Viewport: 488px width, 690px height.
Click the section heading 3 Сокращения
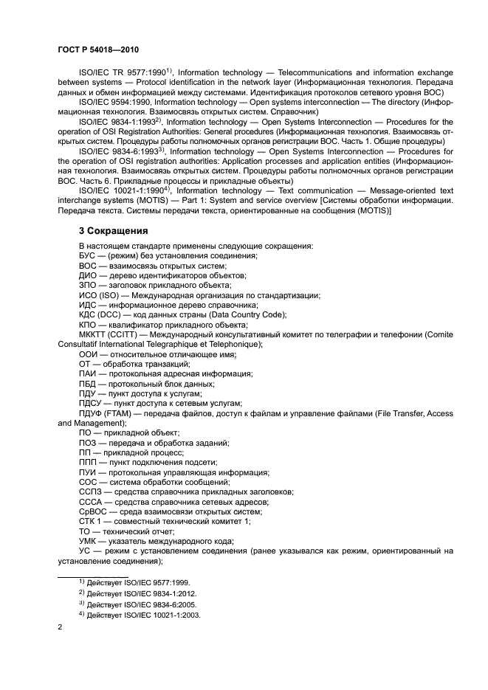(x=114, y=230)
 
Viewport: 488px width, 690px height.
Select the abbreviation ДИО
(x=89, y=275)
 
